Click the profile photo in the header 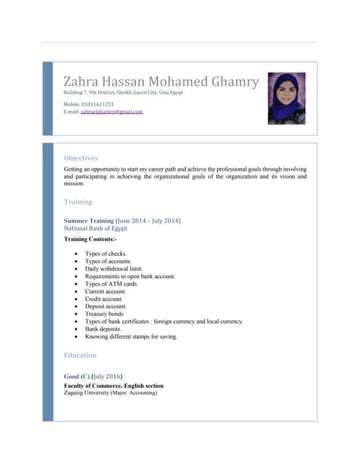[286, 98]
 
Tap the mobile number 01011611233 [97, 105]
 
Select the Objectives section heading [81, 158]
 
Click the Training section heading [78, 201]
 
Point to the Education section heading [80, 355]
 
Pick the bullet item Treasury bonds [105, 314]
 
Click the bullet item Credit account [105, 299]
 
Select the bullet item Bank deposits [104, 329]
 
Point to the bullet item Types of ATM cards [111, 284]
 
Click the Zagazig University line [110, 393]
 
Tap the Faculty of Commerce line [113, 386]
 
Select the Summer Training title [89, 220]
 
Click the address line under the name [123, 92]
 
